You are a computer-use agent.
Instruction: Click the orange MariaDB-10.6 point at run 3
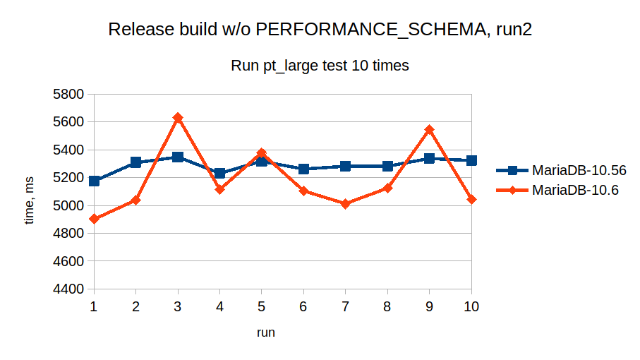(178, 118)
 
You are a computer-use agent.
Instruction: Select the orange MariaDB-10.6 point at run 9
(429, 130)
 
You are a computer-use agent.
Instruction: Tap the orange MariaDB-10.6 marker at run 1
(94, 219)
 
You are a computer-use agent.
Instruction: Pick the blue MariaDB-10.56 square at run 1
(94, 181)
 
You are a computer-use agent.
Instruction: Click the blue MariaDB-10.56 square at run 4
(219, 173)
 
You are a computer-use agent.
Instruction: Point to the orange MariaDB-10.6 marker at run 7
(345, 203)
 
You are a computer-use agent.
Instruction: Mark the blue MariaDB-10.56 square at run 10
(471, 160)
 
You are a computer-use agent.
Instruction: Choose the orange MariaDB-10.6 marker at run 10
(471, 200)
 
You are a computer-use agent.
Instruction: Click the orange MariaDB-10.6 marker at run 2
(135, 200)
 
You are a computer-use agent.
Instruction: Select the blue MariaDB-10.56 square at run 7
(345, 166)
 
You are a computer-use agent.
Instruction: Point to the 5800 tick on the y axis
(69, 94)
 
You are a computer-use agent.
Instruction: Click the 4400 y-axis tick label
(69, 289)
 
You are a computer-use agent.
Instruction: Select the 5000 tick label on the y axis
(69, 206)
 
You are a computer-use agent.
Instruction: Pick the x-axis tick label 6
(303, 306)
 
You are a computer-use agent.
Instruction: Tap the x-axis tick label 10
(471, 306)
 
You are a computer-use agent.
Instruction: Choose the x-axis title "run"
(265, 332)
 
